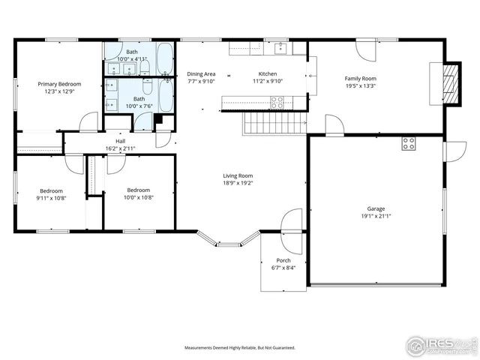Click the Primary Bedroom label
tap(60, 84)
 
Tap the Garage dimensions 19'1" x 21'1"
tap(375, 217)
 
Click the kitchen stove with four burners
tap(277, 103)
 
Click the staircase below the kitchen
tap(274, 121)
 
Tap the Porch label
tap(283, 260)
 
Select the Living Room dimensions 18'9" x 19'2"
tap(237, 183)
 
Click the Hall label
tap(120, 140)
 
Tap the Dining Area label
tap(201, 74)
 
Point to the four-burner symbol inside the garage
tap(409, 143)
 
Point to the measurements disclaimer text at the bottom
tap(240, 348)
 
